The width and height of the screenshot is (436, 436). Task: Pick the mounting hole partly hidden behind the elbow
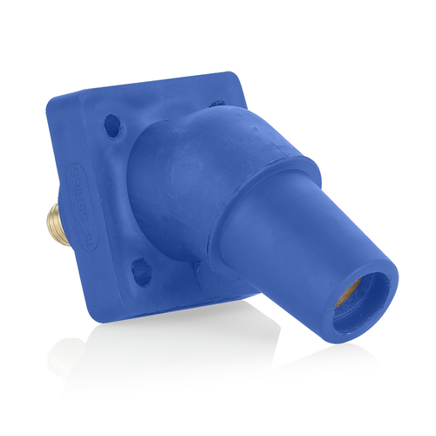[217, 104]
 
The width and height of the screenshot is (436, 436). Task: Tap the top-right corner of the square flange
[228, 77]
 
